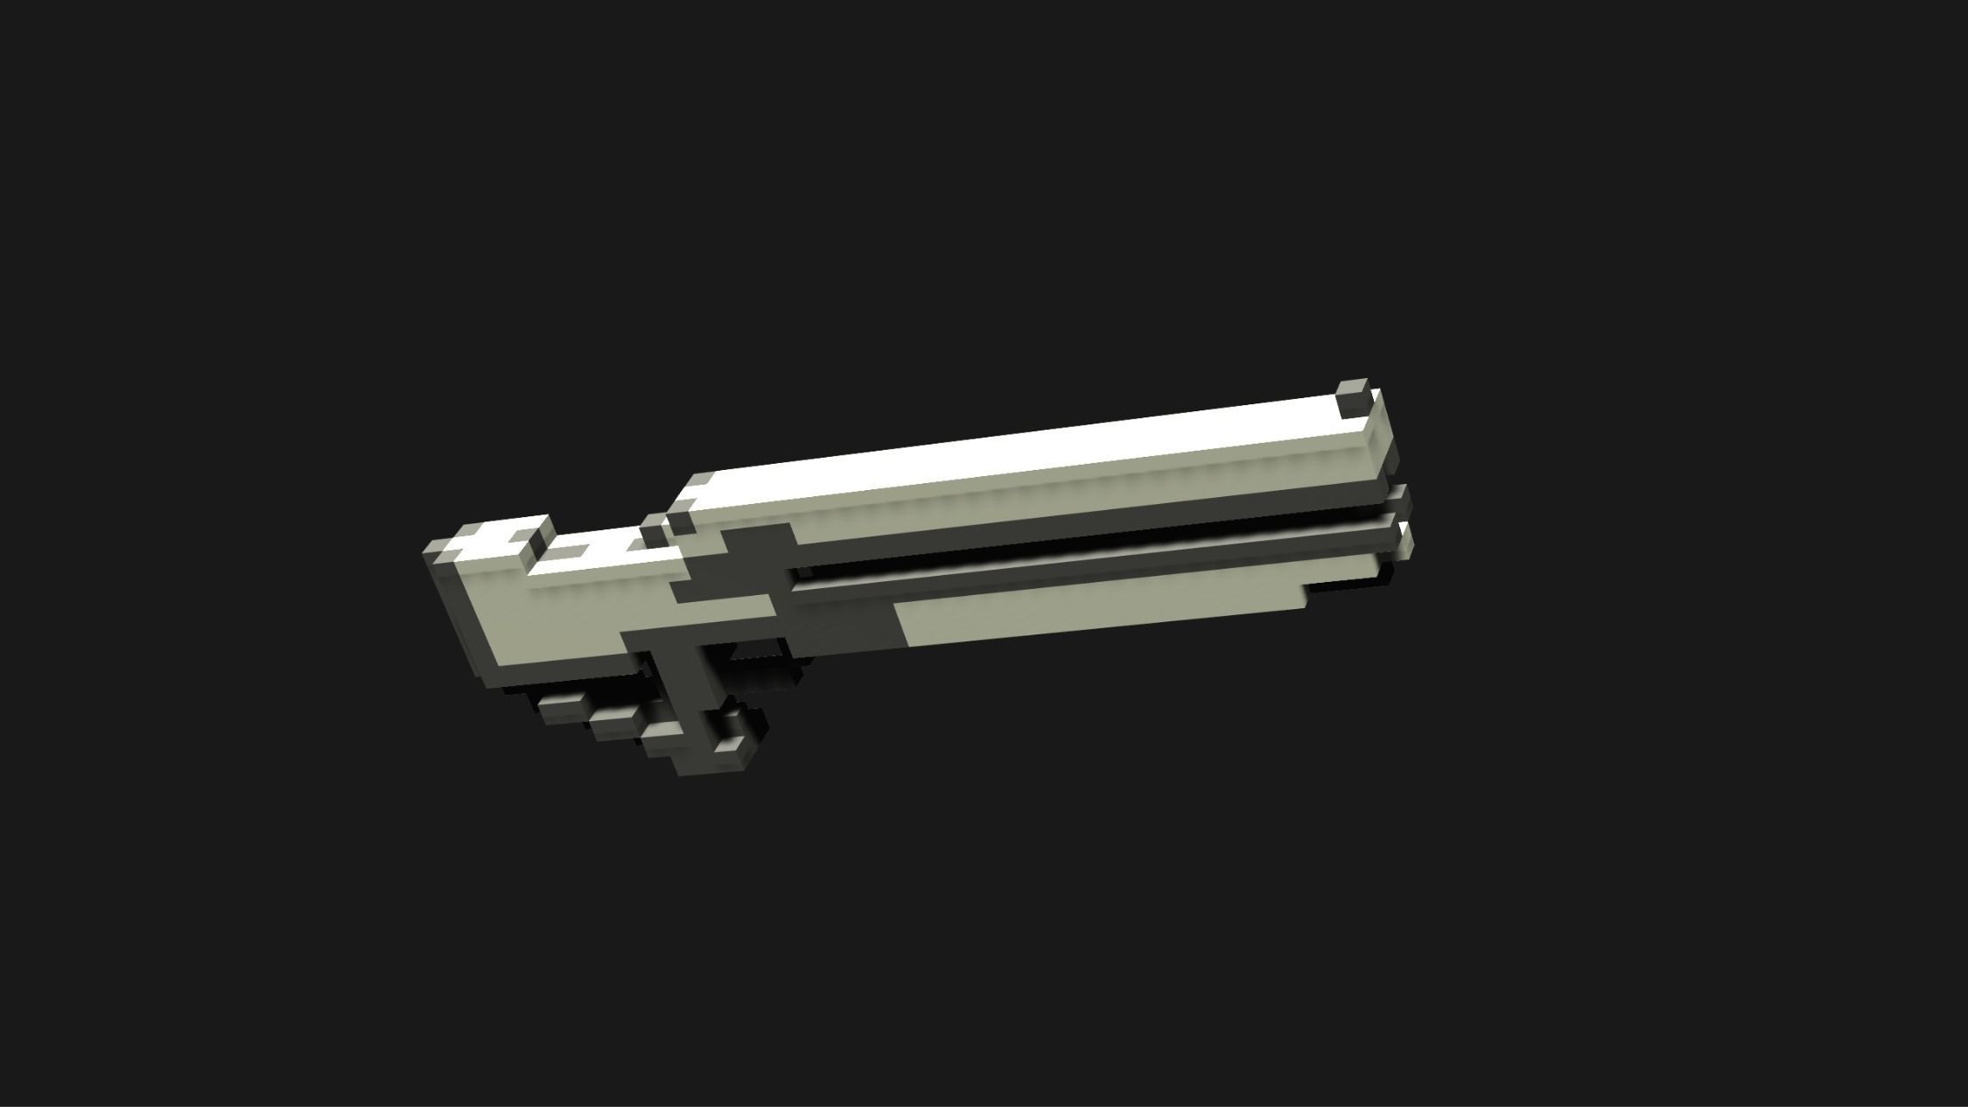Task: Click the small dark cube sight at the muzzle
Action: (1352, 399)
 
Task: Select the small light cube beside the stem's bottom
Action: (729, 745)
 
